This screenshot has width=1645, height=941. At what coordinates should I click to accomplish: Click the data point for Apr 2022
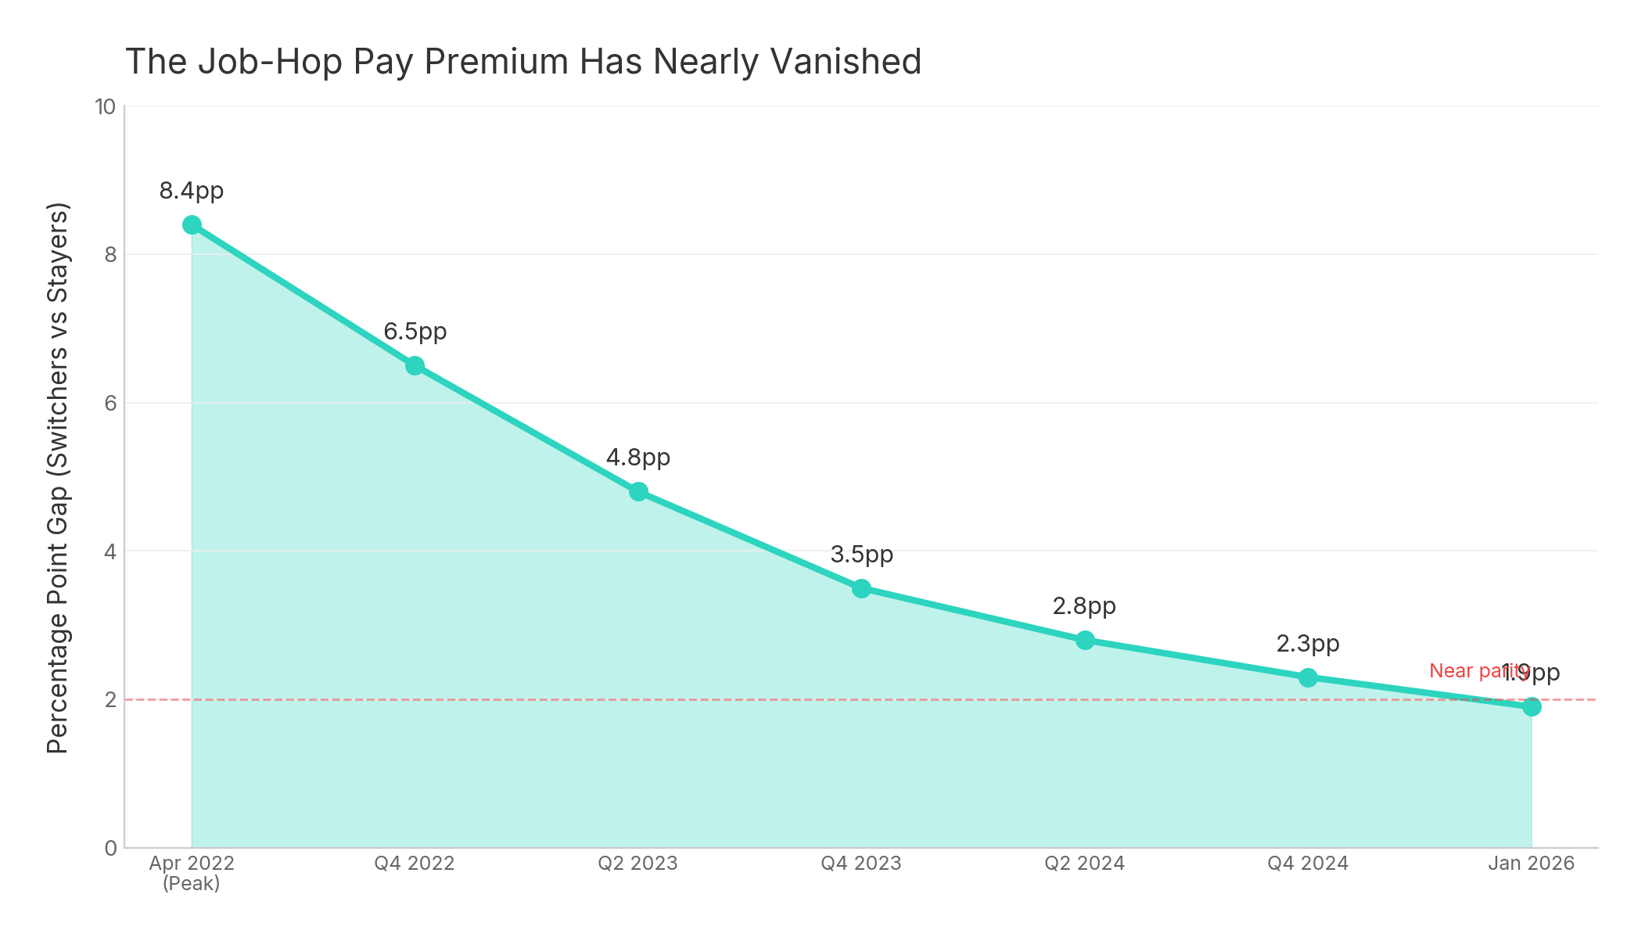click(192, 225)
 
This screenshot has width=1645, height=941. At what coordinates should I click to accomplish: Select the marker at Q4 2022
click(415, 366)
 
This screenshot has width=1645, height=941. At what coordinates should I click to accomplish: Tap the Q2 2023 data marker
click(638, 492)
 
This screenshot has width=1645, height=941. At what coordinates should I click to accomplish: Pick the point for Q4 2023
click(861, 588)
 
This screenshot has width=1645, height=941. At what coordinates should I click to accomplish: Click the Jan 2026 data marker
click(1532, 707)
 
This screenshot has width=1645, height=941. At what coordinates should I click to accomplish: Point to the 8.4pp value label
click(192, 191)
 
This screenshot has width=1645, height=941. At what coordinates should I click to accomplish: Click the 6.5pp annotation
click(415, 332)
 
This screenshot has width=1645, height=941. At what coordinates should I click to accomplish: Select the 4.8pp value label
click(638, 458)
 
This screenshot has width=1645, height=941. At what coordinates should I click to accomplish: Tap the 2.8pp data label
click(1084, 606)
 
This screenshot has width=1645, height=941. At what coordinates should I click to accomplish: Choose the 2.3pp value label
click(1308, 644)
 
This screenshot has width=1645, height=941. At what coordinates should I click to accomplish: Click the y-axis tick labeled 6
click(110, 404)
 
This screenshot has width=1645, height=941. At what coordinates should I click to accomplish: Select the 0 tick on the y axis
click(110, 848)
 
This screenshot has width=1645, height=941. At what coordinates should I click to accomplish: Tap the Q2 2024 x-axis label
click(1084, 864)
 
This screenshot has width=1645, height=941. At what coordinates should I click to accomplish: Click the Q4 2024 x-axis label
click(1308, 864)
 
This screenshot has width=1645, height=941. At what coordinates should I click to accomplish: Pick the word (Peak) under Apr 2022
click(192, 884)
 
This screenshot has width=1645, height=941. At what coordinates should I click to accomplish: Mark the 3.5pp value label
click(861, 555)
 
